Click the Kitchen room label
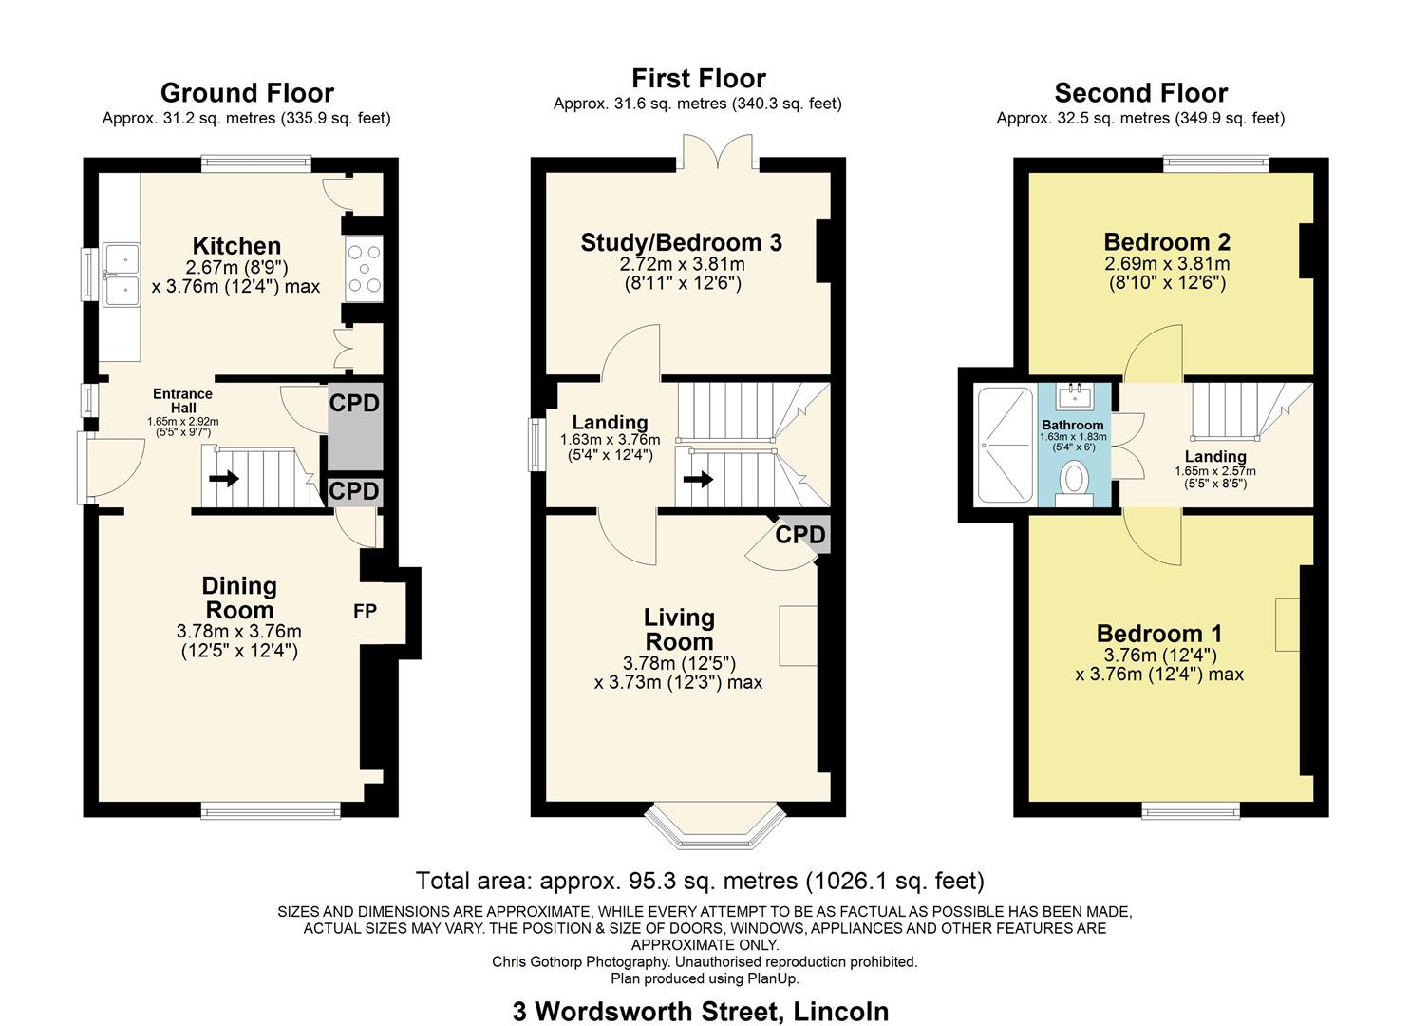(x=236, y=246)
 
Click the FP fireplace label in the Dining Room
(x=366, y=612)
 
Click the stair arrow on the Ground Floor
(x=224, y=479)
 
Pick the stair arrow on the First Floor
(x=698, y=479)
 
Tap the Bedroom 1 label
(x=1159, y=634)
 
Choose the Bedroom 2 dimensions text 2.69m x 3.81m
(x=1167, y=264)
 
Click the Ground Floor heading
(x=247, y=93)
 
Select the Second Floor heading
(x=1140, y=93)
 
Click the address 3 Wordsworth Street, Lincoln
(x=701, y=1011)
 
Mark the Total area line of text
(x=700, y=881)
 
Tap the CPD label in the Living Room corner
(x=800, y=535)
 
